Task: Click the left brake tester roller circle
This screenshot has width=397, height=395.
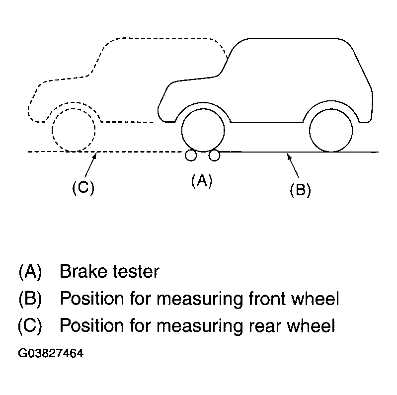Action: (190, 156)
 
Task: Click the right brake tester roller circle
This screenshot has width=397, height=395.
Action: (214, 156)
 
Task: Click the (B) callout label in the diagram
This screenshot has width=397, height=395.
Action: (300, 190)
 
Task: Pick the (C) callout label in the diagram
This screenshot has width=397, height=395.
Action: (83, 188)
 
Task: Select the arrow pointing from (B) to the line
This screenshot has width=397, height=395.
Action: (293, 166)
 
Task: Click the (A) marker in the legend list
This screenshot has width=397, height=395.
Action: (30, 272)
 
